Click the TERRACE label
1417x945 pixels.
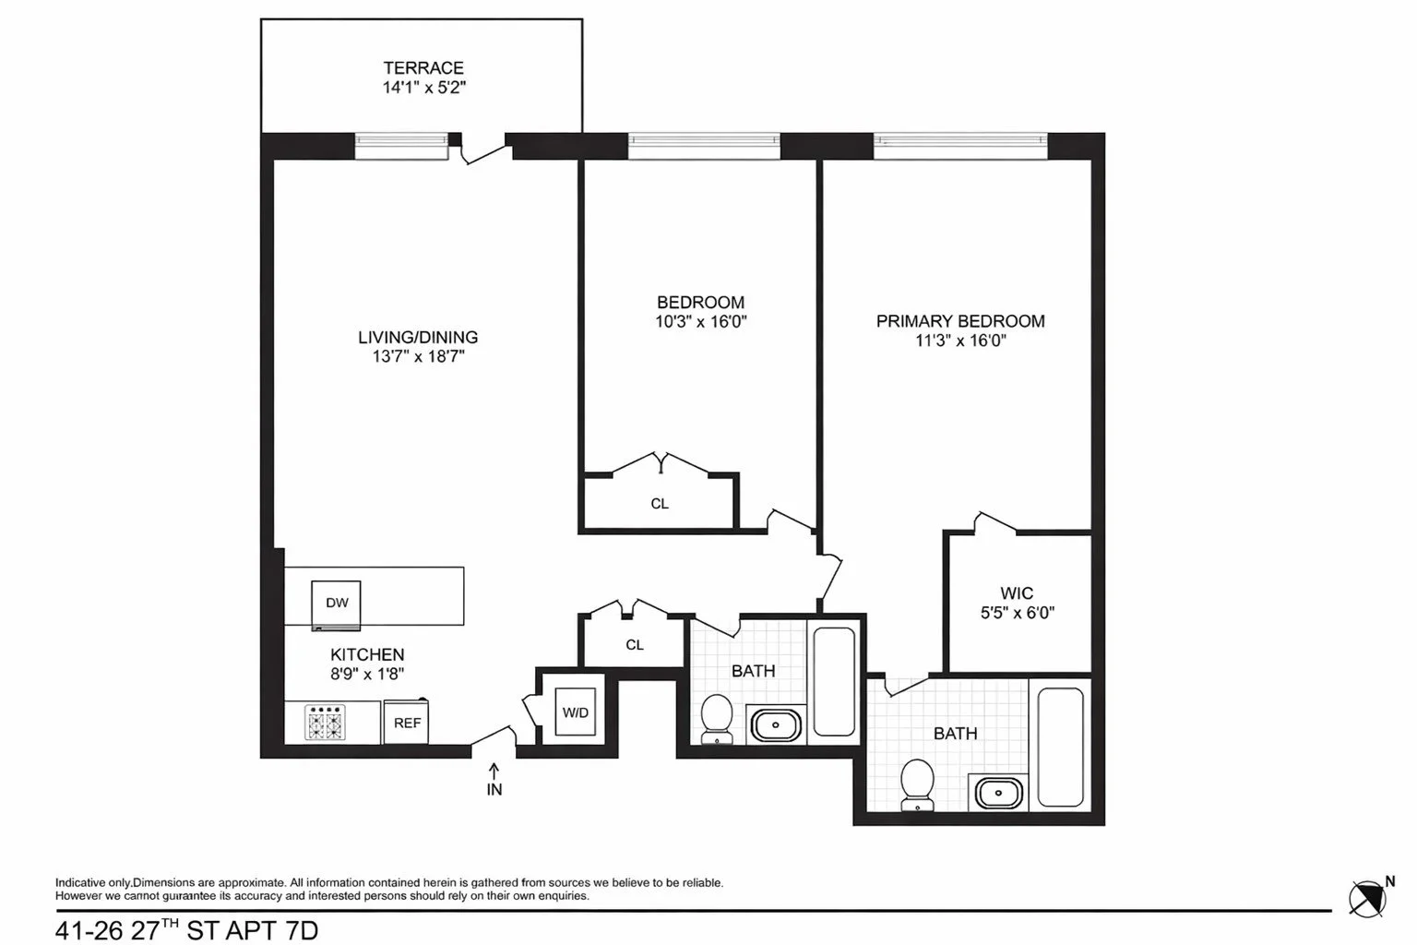coord(423,67)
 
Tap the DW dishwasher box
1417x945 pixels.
coord(337,604)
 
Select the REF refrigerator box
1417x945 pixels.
coord(407,723)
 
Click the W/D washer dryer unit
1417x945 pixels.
coord(576,712)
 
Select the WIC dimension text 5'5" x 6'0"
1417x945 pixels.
coord(1017,612)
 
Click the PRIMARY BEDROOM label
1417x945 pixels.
coord(960,321)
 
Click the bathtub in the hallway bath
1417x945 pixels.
coord(835,682)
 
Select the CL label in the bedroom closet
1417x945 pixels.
coord(660,504)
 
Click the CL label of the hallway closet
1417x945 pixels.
coord(635,645)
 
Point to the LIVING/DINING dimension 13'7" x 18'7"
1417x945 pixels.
coord(418,357)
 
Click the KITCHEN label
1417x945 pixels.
coord(367,654)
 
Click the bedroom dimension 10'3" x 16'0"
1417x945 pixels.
coord(700,322)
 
